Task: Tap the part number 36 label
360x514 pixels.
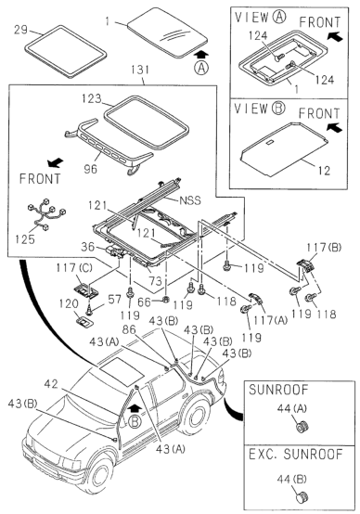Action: tap(86, 246)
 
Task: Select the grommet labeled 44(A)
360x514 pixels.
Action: tap(301, 429)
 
